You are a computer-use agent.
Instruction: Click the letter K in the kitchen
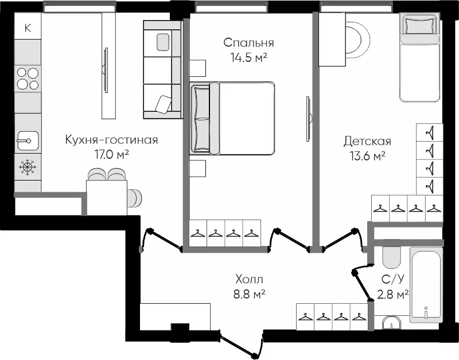click(28, 28)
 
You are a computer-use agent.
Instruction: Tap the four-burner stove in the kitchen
click(28, 78)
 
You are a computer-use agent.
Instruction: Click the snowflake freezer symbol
click(28, 167)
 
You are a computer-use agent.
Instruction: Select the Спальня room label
click(248, 43)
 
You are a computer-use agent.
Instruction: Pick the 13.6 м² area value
click(367, 155)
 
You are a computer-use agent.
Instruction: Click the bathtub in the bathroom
click(426, 284)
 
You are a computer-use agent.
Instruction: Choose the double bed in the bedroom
click(232, 118)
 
